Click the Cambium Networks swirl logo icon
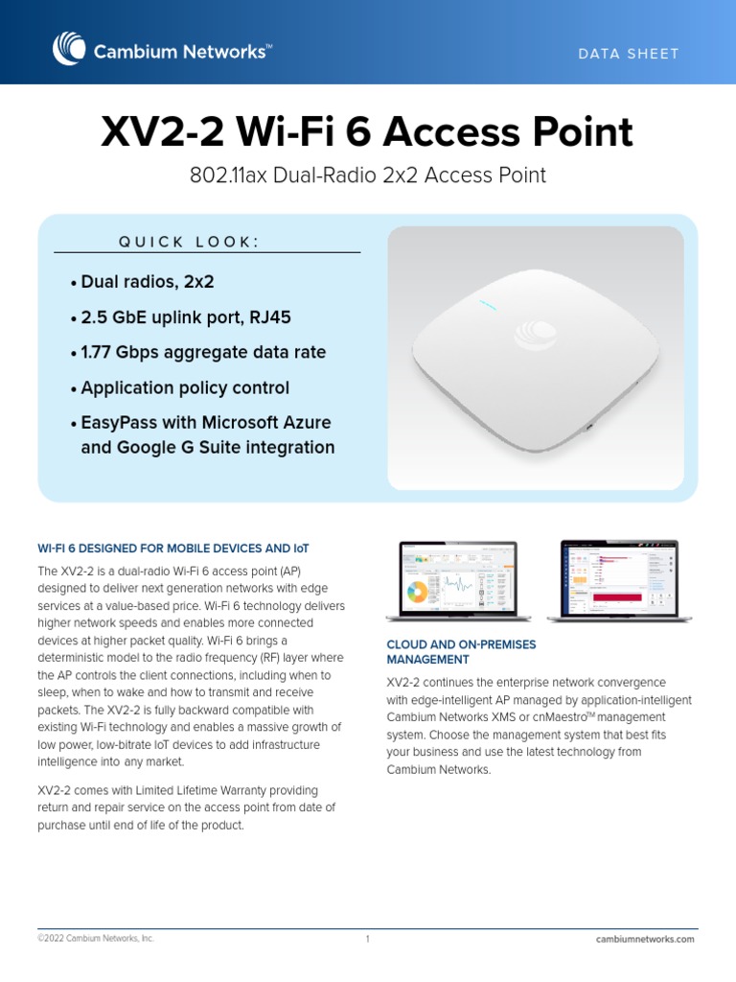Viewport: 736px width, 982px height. (69, 50)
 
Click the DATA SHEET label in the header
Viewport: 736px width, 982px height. (628, 54)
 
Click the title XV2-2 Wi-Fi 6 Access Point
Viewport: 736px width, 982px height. (367, 132)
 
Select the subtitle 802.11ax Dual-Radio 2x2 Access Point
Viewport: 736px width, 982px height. (367, 175)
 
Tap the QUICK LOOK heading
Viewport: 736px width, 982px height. (188, 242)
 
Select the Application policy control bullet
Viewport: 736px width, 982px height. (185, 388)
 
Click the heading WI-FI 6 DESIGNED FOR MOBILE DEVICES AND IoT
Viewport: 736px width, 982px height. (173, 549)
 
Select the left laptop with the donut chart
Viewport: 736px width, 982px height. (457, 579)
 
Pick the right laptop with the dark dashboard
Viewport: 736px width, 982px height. (618, 579)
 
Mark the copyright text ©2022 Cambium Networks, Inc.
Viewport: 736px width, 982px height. (96, 939)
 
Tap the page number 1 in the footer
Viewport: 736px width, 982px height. (367, 939)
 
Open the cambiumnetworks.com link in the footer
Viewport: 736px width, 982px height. (644, 939)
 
